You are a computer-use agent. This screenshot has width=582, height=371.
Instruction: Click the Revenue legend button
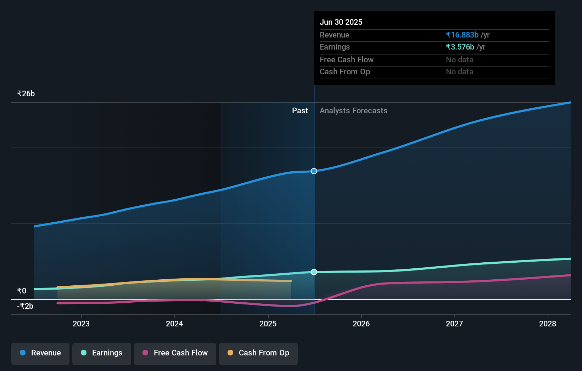[x=40, y=353]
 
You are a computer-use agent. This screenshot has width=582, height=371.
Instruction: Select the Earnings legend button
[x=102, y=353]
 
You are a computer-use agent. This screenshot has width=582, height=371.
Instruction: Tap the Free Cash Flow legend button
[x=175, y=353]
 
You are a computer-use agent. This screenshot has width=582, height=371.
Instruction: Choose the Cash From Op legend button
[x=258, y=353]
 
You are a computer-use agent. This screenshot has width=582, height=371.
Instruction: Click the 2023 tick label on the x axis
[x=81, y=324]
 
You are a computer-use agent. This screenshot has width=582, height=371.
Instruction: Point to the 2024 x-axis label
[x=174, y=324]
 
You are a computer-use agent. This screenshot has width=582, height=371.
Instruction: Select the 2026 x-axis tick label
[x=361, y=324]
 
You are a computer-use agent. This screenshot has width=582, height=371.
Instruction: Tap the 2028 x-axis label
[x=548, y=324]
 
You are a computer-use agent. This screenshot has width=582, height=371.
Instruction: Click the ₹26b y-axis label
[x=26, y=94]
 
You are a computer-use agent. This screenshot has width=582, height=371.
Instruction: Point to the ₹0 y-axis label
[x=22, y=291]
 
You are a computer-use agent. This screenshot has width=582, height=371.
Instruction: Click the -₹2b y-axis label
[x=25, y=306]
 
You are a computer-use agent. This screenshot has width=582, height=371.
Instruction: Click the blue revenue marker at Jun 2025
[x=314, y=171]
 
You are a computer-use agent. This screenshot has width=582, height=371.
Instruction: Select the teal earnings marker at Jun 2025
[x=314, y=272]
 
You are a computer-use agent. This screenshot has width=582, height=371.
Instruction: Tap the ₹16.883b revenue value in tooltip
[x=462, y=35]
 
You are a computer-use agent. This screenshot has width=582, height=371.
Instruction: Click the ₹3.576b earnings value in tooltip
[x=460, y=47]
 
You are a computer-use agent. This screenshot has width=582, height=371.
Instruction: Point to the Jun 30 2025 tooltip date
[x=341, y=22]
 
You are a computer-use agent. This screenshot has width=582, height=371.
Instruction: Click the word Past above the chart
[x=300, y=111]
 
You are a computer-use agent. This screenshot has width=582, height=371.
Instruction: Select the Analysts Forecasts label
[x=353, y=111]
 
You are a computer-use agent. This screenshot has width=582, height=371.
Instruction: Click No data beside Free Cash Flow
[x=459, y=60]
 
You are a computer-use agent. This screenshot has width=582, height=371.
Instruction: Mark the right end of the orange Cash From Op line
[x=291, y=281]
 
